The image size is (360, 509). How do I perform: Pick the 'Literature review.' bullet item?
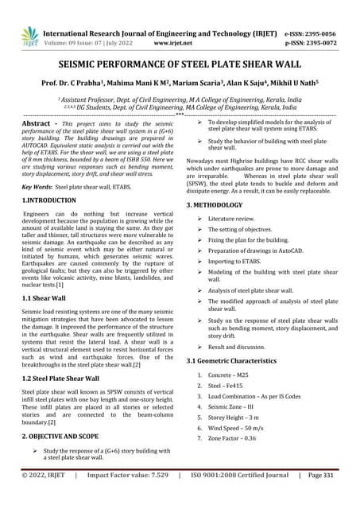236,218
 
